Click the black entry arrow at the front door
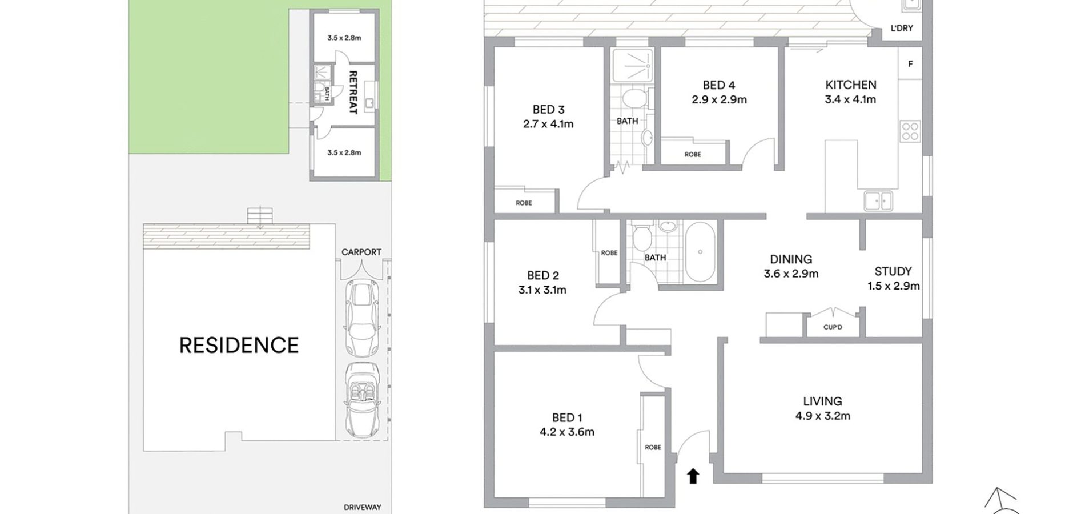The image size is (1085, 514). (693, 476)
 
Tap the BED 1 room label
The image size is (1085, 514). (567, 417)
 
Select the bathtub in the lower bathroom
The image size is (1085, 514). (700, 252)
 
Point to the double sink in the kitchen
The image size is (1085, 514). (878, 201)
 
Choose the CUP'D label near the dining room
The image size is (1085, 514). (833, 327)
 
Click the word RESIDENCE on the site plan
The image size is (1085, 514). (239, 346)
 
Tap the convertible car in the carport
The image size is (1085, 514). (361, 400)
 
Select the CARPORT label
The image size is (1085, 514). (361, 252)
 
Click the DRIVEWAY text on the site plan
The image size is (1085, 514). (363, 507)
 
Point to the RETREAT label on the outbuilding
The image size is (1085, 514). (353, 93)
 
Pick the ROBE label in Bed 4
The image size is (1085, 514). (693, 154)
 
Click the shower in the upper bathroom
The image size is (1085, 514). (632, 65)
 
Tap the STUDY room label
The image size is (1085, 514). (893, 271)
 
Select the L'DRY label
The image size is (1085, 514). (902, 28)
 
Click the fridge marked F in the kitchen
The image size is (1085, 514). (910, 64)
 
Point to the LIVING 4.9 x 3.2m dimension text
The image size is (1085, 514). (823, 416)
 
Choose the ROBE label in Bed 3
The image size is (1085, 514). (524, 203)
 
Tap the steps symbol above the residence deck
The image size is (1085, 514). (260, 216)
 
